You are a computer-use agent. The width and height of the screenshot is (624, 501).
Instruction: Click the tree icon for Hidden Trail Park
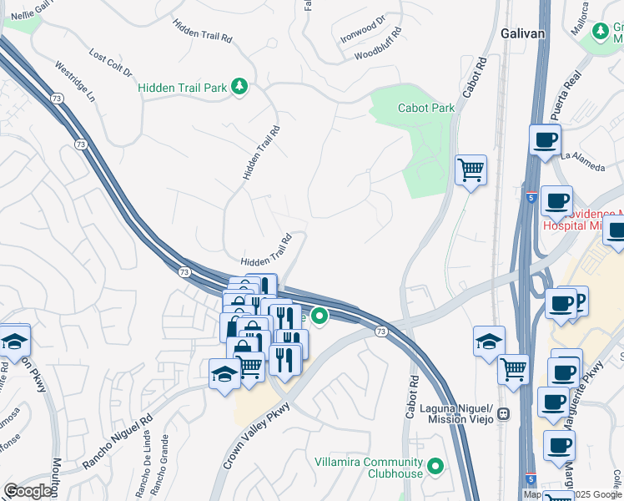coord(240,87)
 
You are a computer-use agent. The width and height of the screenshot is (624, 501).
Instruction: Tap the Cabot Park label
coord(426,108)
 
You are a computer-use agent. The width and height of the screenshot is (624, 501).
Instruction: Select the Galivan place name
coord(523,33)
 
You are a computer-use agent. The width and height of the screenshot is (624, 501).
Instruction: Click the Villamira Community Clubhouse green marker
coord(435,466)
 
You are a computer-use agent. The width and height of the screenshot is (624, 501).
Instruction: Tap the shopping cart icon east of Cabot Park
coord(471,170)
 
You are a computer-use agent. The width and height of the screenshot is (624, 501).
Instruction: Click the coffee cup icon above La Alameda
coord(545,139)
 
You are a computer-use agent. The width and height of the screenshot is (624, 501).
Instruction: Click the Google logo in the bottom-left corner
coord(28,491)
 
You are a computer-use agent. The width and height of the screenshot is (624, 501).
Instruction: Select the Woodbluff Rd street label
coord(378,43)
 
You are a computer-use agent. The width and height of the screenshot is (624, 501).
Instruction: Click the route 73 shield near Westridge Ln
coord(80,144)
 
